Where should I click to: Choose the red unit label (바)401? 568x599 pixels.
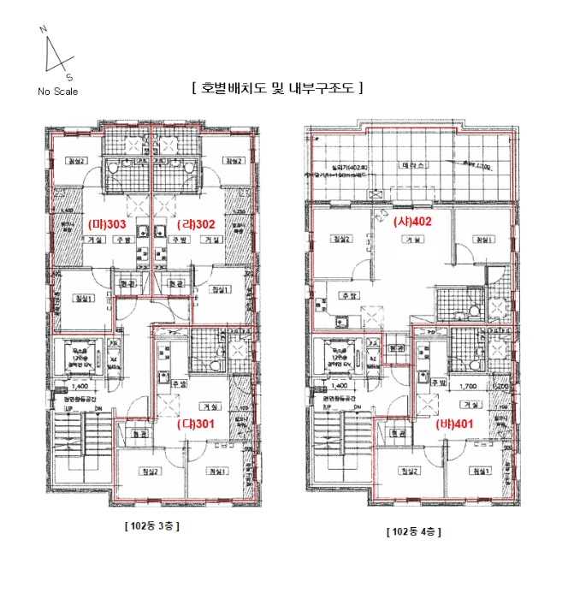coord(455,424)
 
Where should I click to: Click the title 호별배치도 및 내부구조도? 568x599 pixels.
coord(279,87)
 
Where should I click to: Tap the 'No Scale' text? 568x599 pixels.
coord(56,92)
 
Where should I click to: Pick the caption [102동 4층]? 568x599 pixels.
coord(413,531)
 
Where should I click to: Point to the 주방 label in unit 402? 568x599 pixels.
coord(348,295)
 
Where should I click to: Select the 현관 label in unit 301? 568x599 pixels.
coord(130,434)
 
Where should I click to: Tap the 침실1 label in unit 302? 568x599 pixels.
coord(221,289)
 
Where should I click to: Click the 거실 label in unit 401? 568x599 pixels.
coord(469,404)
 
